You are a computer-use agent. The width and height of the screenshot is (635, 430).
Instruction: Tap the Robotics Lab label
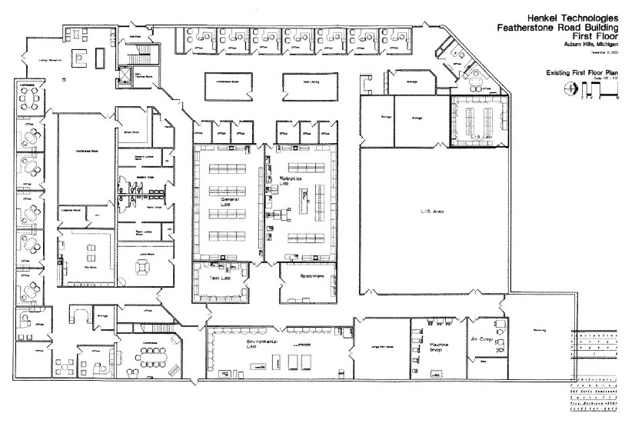296,182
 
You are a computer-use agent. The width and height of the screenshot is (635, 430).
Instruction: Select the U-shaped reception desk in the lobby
79,56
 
